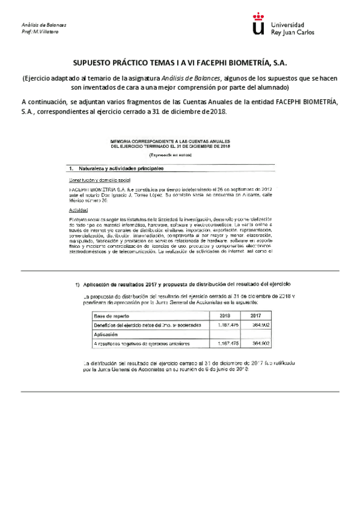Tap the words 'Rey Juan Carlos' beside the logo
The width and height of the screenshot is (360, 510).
[x=292, y=32]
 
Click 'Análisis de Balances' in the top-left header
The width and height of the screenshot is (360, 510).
[x=44, y=25]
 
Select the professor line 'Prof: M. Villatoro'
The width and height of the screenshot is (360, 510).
[x=40, y=31]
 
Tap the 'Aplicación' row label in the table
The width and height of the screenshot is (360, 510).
[x=106, y=334]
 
